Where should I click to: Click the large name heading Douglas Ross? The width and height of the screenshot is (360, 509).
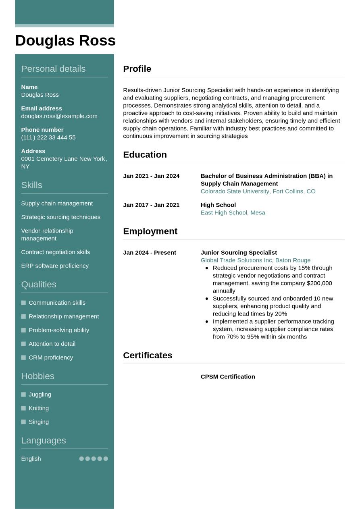click(65, 41)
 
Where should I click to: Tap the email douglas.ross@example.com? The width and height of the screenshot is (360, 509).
click(59, 116)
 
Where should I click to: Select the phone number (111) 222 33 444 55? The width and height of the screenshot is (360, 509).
click(48, 137)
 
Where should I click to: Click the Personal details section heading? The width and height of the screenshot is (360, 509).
click(53, 69)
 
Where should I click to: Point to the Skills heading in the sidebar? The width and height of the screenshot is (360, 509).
click(31, 185)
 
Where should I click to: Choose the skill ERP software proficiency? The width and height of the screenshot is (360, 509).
click(55, 266)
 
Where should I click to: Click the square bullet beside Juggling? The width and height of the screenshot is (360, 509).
click(23, 395)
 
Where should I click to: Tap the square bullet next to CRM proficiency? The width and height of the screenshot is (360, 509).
click(23, 357)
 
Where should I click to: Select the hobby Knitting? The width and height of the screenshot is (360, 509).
click(39, 408)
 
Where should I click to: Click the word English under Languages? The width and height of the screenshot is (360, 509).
click(31, 459)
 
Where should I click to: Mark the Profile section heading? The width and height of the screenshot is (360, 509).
click(137, 69)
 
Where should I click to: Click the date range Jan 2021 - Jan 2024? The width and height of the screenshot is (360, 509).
click(151, 176)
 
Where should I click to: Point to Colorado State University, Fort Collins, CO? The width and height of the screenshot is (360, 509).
click(258, 191)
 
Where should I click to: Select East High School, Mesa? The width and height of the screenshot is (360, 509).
click(233, 213)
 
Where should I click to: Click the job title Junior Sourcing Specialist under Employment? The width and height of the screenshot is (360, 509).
click(239, 253)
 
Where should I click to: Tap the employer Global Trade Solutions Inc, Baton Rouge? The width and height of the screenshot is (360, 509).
click(256, 260)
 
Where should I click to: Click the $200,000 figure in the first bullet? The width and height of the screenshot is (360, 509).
click(319, 283)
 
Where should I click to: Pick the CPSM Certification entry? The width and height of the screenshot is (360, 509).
click(228, 377)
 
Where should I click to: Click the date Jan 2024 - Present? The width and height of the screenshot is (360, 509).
click(150, 253)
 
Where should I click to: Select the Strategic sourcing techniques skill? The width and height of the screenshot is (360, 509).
click(61, 217)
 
